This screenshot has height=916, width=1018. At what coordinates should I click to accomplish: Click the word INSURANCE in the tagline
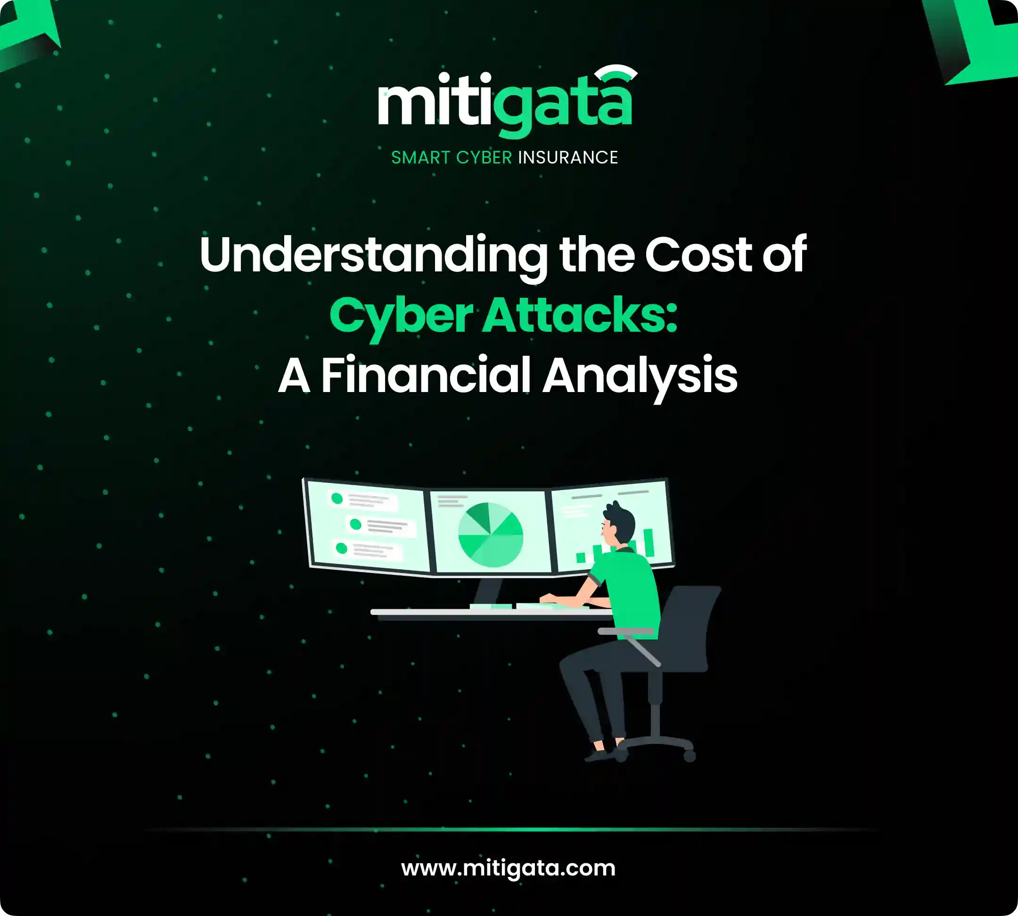568,157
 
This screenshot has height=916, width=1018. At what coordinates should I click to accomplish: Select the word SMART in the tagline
420,157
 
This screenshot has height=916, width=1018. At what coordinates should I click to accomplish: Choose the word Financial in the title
426,375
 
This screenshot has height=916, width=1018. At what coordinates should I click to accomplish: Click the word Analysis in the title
640,377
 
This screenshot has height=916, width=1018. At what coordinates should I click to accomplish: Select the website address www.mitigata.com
509,867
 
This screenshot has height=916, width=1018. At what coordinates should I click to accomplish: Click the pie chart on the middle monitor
490,534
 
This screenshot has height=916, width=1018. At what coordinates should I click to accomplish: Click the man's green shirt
629,592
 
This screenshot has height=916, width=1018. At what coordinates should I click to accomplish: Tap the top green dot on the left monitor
337,498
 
